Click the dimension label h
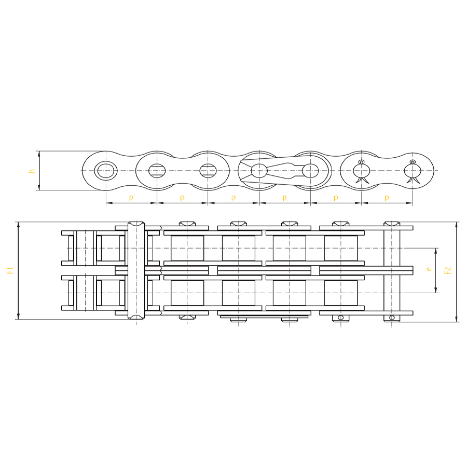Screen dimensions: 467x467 pos(32,171)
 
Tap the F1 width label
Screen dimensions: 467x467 pos(10,270)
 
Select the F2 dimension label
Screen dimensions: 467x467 pos(448,270)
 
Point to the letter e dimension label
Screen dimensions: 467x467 pos(429,269)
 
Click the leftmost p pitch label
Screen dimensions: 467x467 pos(131,198)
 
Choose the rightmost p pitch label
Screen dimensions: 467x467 pos(387,198)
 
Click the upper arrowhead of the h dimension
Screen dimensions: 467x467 pos(39,154)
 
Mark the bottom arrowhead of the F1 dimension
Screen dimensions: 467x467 pos(19,317)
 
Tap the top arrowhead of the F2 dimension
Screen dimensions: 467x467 pos(456,225)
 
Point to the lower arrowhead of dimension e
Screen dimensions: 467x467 pos(436,290)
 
